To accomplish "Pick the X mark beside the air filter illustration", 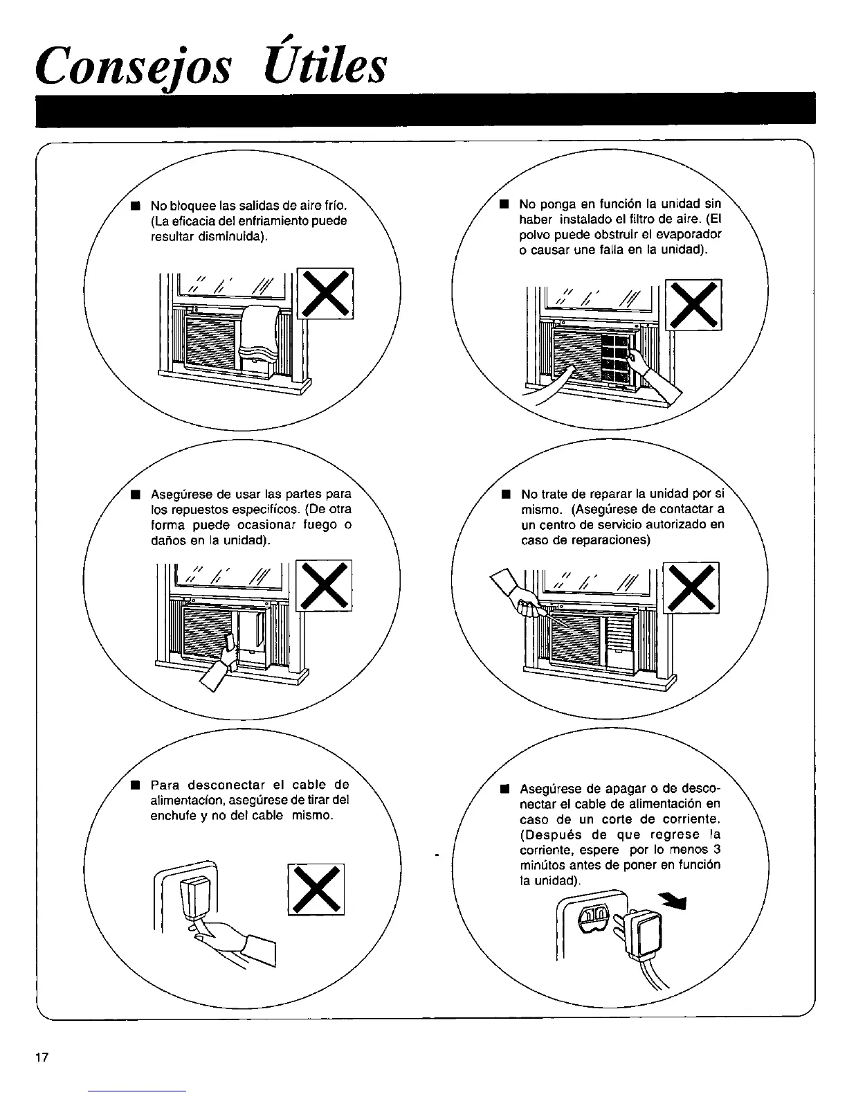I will (693, 305).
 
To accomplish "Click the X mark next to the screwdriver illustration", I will (691, 587).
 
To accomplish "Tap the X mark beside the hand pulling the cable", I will (316, 889).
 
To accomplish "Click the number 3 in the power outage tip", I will (717, 850).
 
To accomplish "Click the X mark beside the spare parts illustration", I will (324, 585).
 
